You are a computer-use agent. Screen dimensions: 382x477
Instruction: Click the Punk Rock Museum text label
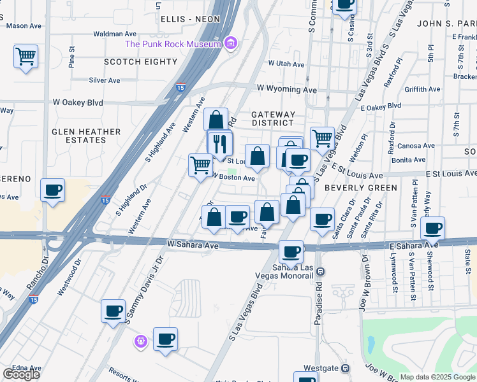[174, 44]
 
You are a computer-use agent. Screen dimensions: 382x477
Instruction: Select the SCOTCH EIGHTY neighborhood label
[140, 62]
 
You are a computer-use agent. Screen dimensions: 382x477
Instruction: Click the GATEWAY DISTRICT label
[273, 118]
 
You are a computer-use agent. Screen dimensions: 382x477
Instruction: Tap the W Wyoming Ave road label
[286, 90]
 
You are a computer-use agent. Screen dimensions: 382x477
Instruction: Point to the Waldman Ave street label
[115, 33]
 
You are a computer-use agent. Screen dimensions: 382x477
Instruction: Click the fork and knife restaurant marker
[221, 143]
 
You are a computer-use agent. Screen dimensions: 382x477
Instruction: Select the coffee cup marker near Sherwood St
[433, 229]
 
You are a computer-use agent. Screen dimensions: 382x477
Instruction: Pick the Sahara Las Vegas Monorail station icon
[321, 271]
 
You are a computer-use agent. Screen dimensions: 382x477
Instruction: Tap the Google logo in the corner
[21, 374]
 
